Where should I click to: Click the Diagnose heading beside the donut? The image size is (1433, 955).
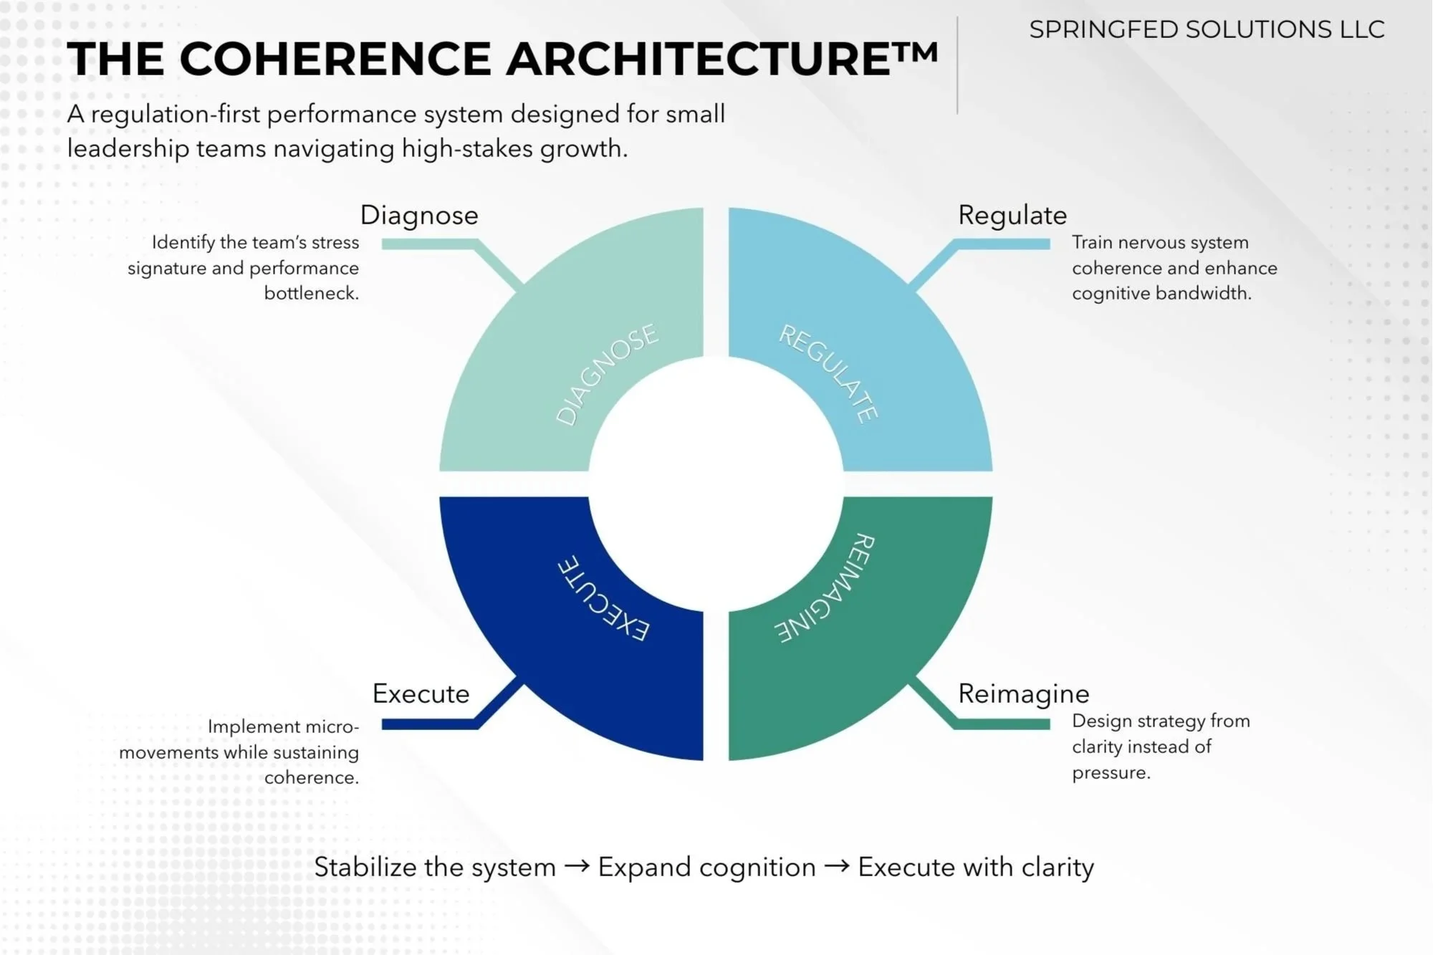[419, 215]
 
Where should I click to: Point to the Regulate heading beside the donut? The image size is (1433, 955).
[1012, 215]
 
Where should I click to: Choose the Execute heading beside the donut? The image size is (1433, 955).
[421, 694]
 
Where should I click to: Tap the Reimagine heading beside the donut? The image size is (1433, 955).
[1023, 694]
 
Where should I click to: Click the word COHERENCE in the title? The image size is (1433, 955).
[335, 59]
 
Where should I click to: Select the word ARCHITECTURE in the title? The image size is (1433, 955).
[699, 59]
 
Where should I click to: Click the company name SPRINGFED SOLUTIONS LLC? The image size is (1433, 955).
[1207, 29]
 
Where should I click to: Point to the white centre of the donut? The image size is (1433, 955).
[716, 484]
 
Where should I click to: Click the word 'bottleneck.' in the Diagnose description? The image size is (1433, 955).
[311, 293]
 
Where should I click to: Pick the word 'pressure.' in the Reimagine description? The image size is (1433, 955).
[1111, 772]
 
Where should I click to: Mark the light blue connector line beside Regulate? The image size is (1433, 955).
[1003, 244]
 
